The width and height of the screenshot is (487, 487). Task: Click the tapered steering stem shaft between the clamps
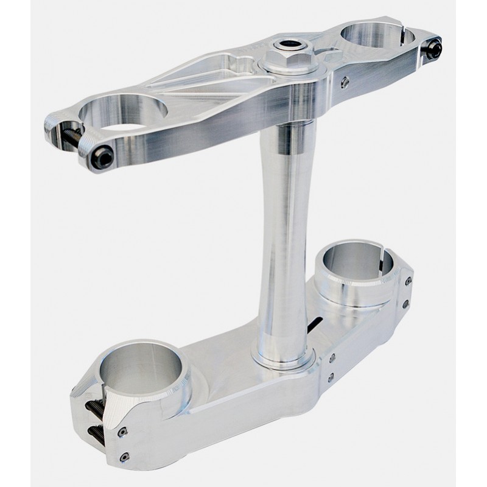pyautogui.click(x=285, y=231)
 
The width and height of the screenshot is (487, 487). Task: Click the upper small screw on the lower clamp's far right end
pyautogui.click(x=407, y=281)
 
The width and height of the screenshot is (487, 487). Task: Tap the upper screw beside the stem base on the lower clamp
pyautogui.click(x=332, y=359)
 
